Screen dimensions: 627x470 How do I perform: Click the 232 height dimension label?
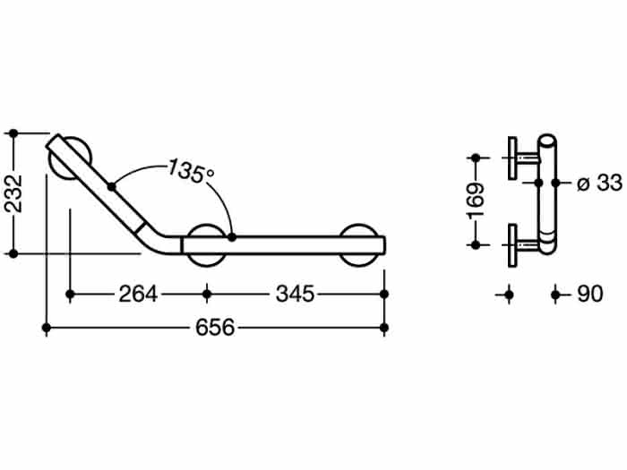[13, 193]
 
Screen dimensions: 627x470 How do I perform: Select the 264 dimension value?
[138, 295]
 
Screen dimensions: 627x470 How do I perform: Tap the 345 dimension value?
[295, 295]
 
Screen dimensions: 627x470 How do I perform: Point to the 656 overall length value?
[215, 328]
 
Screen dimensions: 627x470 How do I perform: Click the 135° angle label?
[191, 171]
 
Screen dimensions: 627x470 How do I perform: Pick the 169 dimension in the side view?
[476, 201]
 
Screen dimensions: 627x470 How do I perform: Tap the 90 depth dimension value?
[589, 295]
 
